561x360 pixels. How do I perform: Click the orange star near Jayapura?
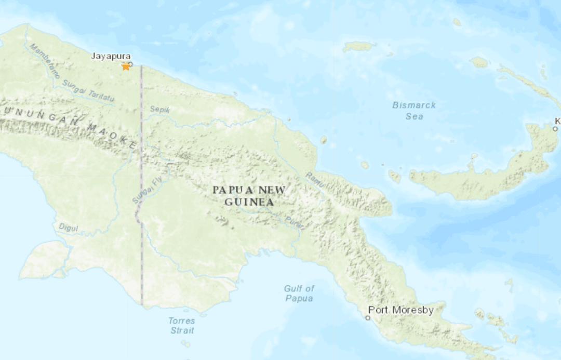(x=126, y=66)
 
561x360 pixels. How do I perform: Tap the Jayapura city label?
(x=111, y=56)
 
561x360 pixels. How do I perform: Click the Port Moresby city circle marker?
(x=368, y=317)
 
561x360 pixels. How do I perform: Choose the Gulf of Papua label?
(x=299, y=294)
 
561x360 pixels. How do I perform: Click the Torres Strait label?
(x=182, y=326)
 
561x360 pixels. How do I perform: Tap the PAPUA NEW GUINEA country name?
(x=249, y=196)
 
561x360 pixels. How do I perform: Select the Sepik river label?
(x=160, y=110)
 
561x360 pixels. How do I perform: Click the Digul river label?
(x=68, y=226)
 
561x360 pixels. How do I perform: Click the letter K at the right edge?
(x=557, y=121)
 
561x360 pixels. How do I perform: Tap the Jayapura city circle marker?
(x=130, y=64)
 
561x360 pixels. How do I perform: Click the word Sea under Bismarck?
(x=414, y=116)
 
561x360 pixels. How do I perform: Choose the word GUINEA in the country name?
(x=249, y=202)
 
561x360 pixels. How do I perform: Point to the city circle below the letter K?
(x=555, y=128)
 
